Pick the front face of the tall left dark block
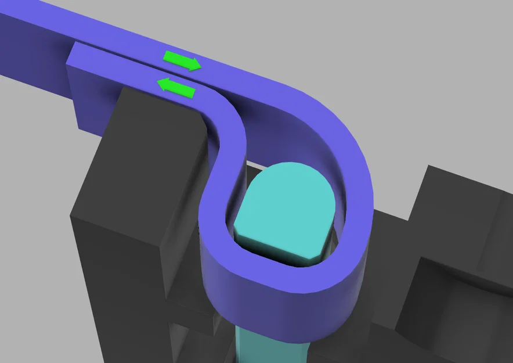click(116, 279)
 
